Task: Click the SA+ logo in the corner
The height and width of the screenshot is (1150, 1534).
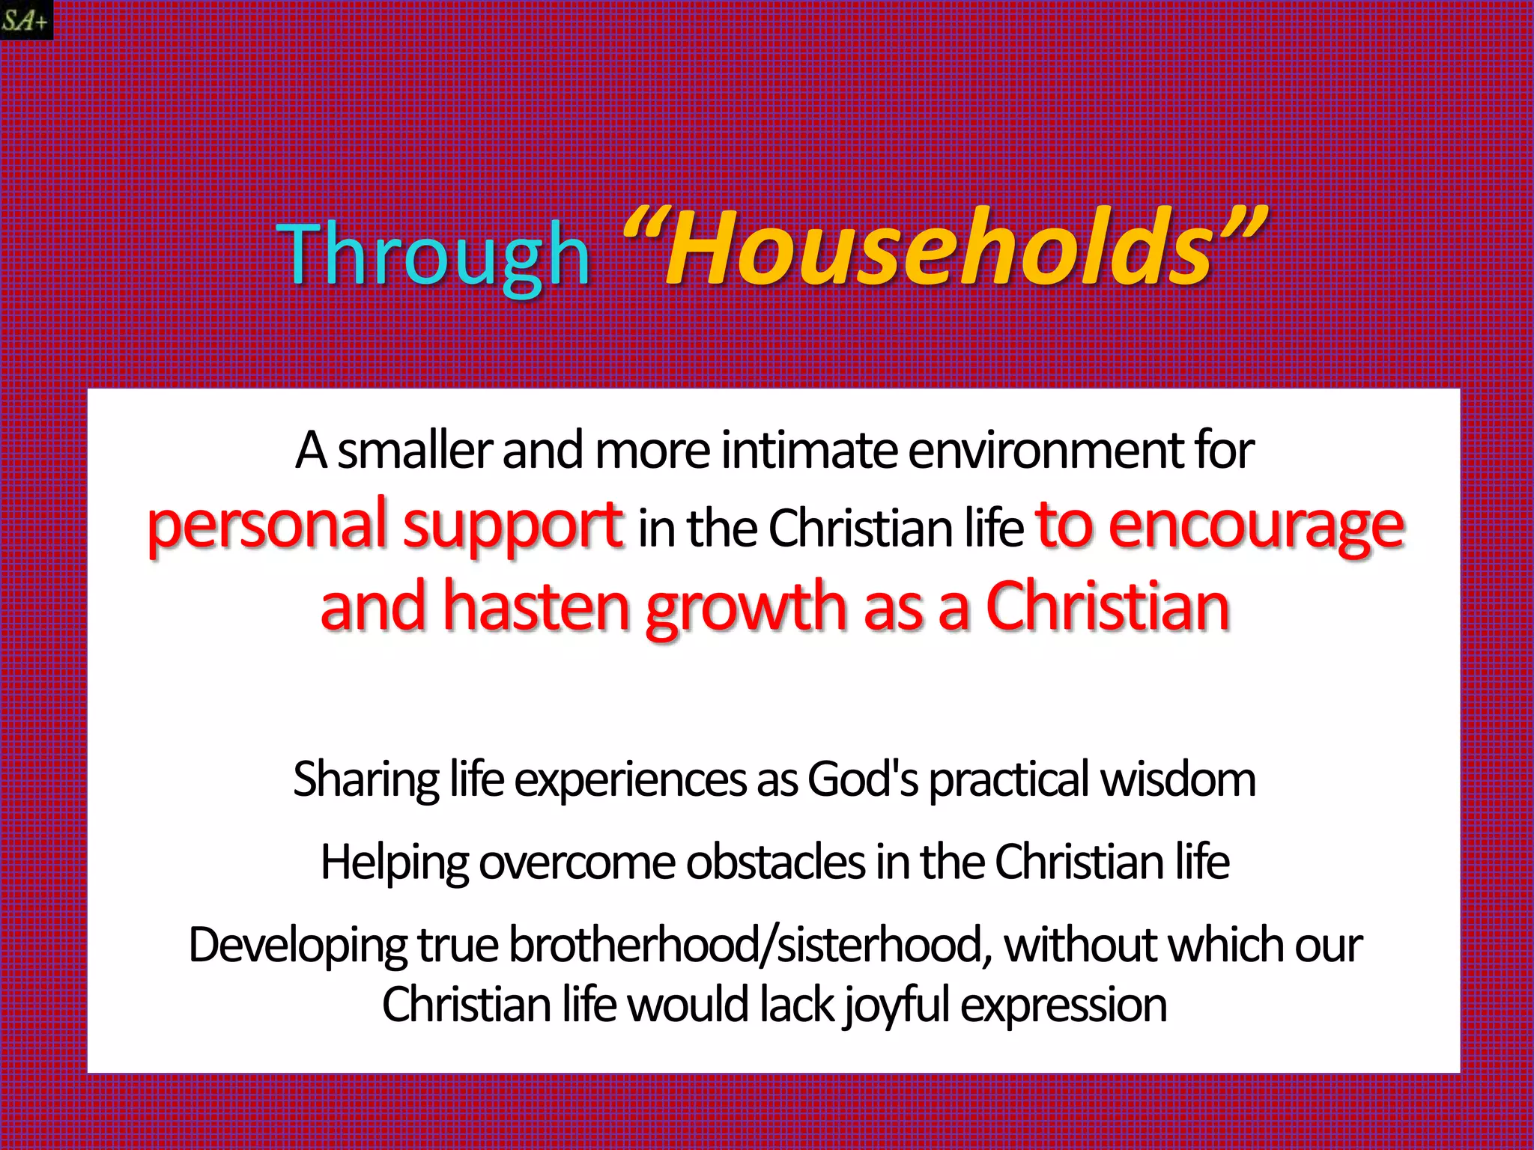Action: coord(26,19)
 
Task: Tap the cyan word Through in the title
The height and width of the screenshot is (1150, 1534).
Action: coord(433,255)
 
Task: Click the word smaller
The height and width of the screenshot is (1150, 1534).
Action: coord(414,451)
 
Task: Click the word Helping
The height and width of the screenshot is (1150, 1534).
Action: coord(394,862)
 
